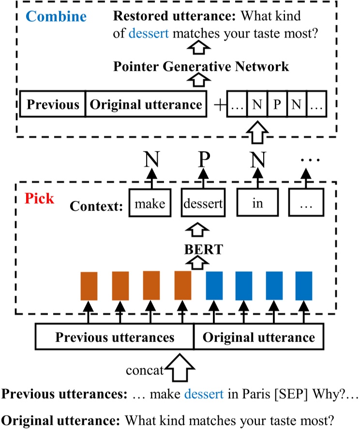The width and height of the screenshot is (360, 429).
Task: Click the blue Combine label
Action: click(56, 16)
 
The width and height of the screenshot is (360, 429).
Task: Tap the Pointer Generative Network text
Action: click(201, 66)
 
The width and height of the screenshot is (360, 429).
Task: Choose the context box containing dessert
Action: click(203, 204)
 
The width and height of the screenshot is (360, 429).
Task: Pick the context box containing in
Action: click(257, 204)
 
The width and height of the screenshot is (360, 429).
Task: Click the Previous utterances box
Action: click(114, 337)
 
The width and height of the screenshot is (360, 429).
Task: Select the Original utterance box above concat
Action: click(259, 337)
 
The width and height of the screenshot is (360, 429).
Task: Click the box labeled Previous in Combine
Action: click(52, 104)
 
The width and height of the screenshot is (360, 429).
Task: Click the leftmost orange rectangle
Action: click(89, 286)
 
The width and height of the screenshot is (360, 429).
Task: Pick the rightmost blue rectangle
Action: click(304, 286)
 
